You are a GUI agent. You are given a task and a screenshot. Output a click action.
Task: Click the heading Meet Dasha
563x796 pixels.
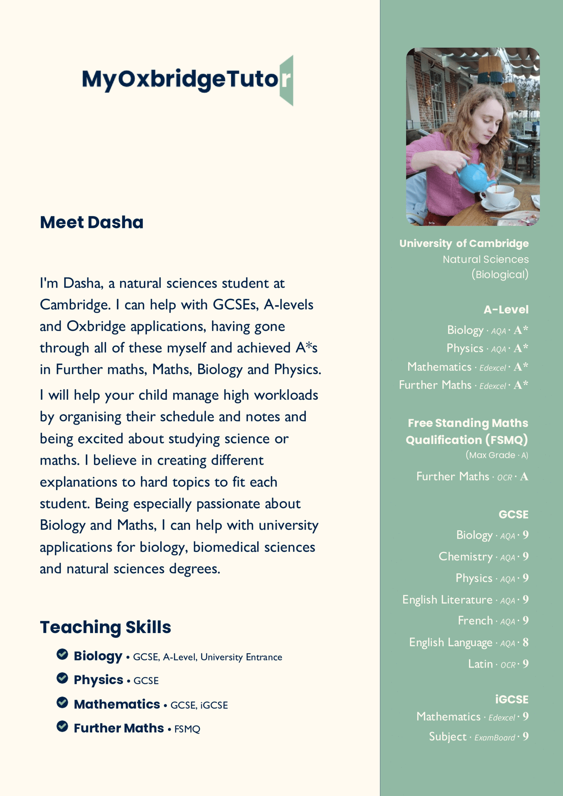91,222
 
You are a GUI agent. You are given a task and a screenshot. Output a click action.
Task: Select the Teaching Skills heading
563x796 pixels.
105,627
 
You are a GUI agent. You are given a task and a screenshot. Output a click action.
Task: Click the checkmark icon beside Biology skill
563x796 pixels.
62,654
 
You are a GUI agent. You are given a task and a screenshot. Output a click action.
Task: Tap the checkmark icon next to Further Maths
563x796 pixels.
62,726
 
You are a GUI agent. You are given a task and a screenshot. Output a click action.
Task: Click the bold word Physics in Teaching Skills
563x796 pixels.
98,680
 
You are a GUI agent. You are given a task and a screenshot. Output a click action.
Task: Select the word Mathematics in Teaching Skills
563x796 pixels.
117,704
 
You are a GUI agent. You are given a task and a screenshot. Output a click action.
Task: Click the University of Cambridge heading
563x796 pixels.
464,243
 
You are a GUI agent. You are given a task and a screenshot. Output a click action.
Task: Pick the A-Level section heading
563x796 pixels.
506,310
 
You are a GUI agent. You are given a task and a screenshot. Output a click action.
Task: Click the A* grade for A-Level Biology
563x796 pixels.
521,330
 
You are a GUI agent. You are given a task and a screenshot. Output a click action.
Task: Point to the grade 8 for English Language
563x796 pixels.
525,642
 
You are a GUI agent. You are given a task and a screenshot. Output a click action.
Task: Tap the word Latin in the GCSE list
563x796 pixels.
480,664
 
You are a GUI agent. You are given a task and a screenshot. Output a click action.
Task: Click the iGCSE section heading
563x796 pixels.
511,699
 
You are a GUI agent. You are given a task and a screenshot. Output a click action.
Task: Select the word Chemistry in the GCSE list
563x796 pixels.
465,556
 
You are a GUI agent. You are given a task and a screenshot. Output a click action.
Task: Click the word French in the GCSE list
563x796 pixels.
475,620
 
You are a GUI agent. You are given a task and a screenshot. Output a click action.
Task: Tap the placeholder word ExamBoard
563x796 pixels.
494,737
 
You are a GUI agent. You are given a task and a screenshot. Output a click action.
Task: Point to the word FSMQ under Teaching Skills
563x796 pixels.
187,729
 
